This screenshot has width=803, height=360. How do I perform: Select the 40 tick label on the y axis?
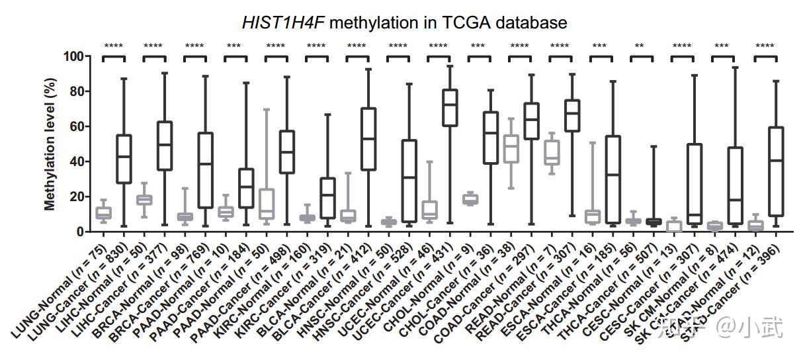[77, 161]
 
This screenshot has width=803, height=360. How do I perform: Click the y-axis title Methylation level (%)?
[50, 144]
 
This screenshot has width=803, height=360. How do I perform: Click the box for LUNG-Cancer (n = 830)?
[124, 159]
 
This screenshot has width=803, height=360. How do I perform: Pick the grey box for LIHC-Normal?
[144, 199]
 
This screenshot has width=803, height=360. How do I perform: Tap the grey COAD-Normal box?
[511, 149]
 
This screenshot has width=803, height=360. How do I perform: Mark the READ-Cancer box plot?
[571, 116]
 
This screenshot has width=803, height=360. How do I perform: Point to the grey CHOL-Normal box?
[470, 199]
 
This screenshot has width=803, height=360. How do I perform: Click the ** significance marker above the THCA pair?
[640, 46]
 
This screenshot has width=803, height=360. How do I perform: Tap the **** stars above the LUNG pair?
[113, 46]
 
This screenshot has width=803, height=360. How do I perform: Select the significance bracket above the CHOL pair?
[479, 58]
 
